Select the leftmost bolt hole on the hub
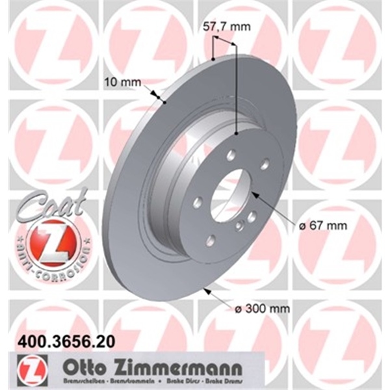[x=197, y=202]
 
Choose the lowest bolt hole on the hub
[x=211, y=240]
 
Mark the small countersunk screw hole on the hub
[x=239, y=225]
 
